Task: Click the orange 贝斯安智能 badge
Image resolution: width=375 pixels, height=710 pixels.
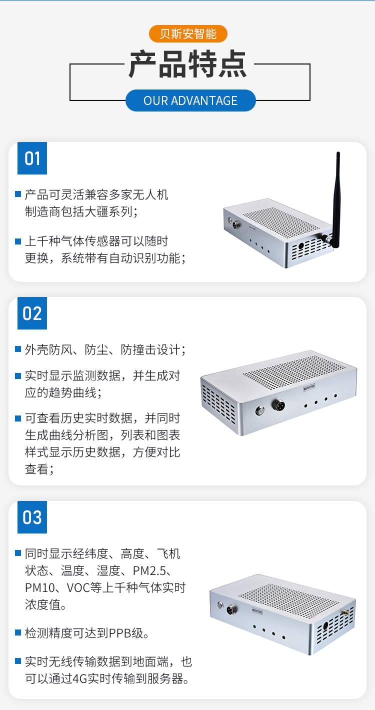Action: (188, 33)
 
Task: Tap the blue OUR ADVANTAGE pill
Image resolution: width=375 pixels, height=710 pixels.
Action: (190, 100)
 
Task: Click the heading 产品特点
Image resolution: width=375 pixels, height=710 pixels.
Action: (187, 64)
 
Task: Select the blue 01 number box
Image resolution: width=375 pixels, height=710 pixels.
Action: (32, 158)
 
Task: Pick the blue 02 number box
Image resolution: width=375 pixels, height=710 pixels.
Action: (32, 313)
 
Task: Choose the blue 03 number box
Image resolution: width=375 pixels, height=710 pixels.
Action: (32, 517)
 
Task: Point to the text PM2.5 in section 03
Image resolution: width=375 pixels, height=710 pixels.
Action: (149, 571)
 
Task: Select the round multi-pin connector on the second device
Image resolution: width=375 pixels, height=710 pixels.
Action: (278, 405)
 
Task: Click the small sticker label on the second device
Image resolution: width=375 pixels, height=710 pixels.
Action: (308, 387)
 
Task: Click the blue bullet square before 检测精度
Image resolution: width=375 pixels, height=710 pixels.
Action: (18, 632)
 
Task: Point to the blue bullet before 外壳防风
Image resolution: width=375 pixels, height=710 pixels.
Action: (18, 349)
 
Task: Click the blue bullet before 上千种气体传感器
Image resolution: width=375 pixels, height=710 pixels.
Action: (18, 241)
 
